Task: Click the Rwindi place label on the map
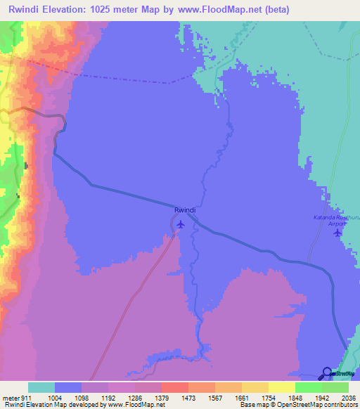pyautogui.click(x=184, y=210)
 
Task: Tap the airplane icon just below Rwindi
pyautogui.click(x=181, y=224)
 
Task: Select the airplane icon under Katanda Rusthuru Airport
pyautogui.click(x=338, y=233)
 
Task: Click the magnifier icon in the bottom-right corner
pyautogui.click(x=326, y=373)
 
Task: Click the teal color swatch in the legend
pyautogui.click(x=41, y=387)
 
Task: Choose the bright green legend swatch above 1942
pyautogui.click(x=308, y=387)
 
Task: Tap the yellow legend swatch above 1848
pyautogui.click(x=281, y=387)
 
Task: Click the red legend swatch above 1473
pyautogui.click(x=174, y=387)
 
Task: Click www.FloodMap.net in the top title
pyautogui.click(x=220, y=9)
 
